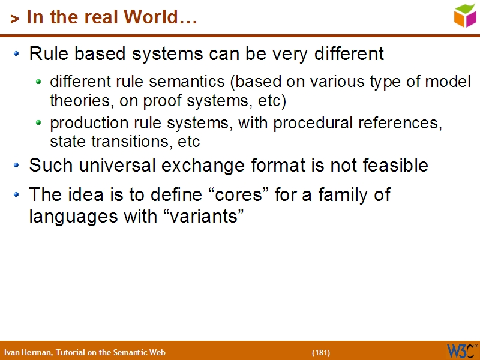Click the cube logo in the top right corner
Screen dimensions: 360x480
coord(465,15)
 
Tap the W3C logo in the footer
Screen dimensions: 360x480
coord(461,350)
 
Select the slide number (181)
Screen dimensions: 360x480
coord(320,352)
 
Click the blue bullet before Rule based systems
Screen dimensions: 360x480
coord(17,54)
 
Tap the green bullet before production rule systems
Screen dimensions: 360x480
coord(39,123)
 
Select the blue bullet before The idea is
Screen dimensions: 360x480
coord(17,195)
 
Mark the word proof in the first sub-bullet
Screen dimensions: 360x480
coord(163,101)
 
